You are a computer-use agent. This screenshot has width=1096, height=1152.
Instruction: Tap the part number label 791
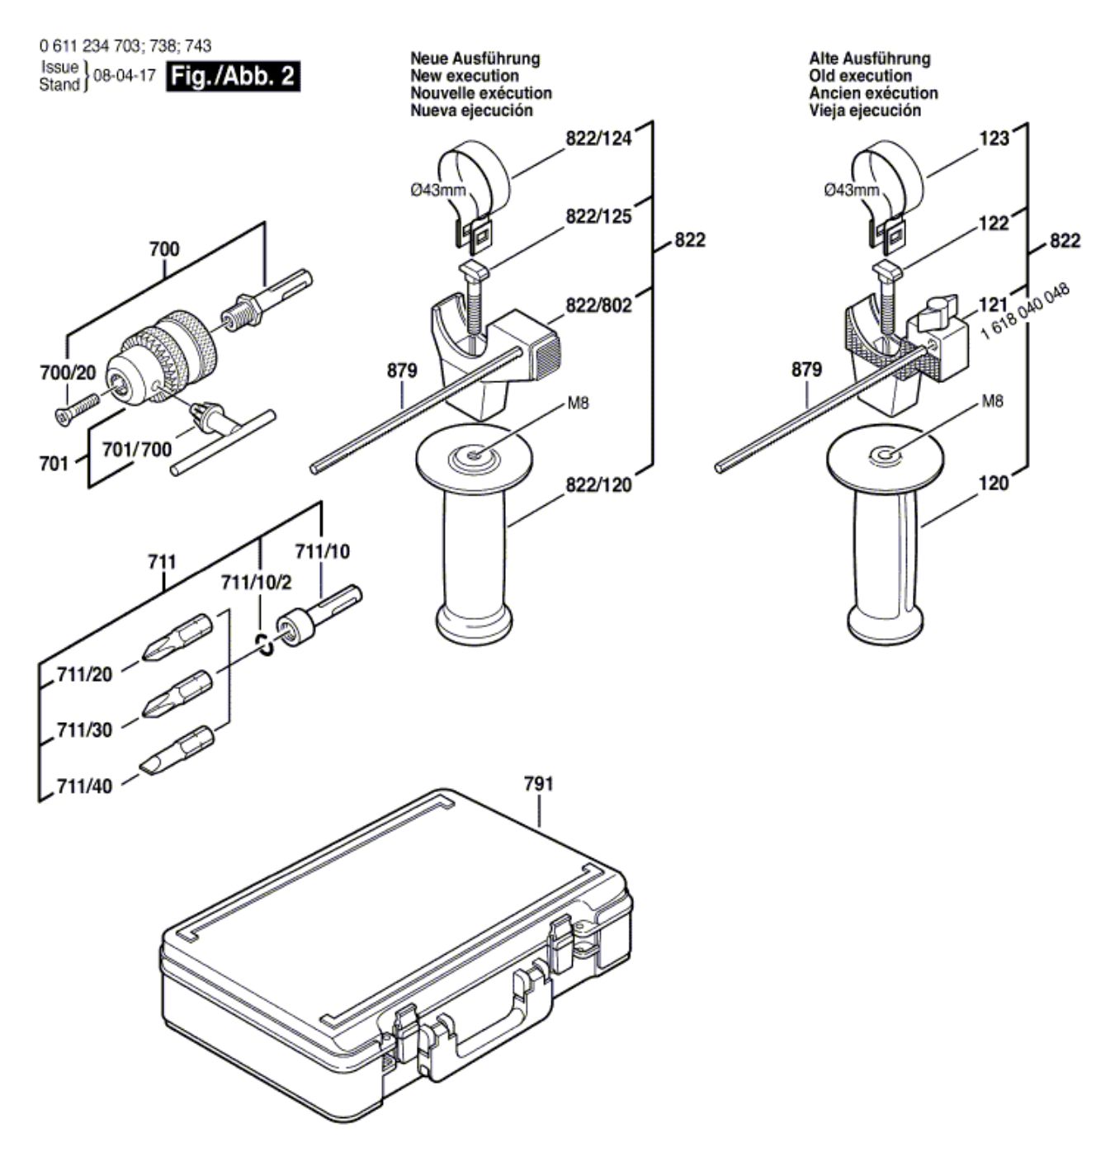pos(538,784)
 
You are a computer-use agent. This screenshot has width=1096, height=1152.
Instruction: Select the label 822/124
pos(598,139)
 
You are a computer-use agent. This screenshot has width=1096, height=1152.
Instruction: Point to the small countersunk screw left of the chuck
pos(76,407)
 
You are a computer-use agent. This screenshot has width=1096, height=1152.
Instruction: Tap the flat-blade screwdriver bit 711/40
pos(177,750)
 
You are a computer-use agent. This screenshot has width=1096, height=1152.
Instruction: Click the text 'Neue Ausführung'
pos(475,59)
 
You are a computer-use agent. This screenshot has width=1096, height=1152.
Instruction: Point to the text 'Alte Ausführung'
pos(869,59)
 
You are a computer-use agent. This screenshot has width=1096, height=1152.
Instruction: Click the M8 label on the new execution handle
pos(577,404)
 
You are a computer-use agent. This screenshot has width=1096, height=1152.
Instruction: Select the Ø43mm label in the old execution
pos(851,191)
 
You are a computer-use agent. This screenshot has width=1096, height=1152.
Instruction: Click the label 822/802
pos(598,305)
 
